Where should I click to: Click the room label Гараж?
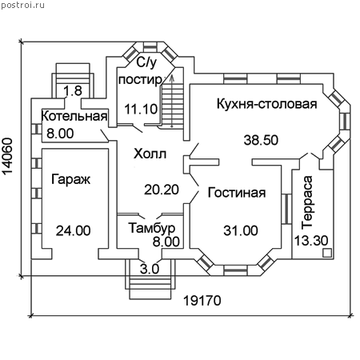pos(70,179)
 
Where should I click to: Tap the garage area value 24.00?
pos(74,230)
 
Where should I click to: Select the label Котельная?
pos(74,116)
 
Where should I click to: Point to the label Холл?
pos(150,154)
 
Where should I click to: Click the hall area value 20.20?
pos(162,190)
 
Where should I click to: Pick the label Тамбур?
pos(152,228)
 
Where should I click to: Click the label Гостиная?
pos(237,193)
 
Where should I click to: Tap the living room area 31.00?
pos(241,230)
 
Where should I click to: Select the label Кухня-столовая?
pos(267,104)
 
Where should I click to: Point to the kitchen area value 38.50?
pos(261,140)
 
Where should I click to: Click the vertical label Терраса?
pos(307,202)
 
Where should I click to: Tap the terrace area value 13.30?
pos(311,241)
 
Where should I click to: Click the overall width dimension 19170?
pos(202,301)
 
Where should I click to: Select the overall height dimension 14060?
pos(7,156)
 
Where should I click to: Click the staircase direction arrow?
pos(172,102)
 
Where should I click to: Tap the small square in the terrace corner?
pos(327,253)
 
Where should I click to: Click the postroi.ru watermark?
pos(22,6)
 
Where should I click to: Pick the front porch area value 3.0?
pos(150,269)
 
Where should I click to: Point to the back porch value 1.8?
pos(73,91)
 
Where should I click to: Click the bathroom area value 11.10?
pos(141,109)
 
